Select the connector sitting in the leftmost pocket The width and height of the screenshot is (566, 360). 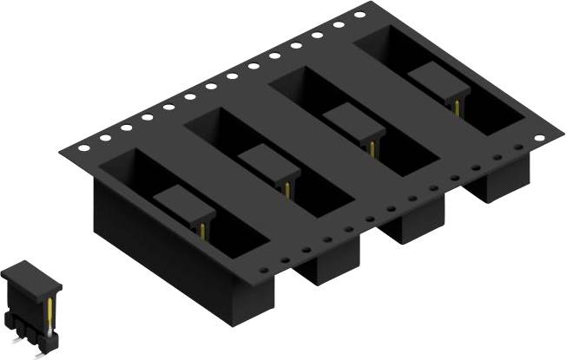[x=184, y=205]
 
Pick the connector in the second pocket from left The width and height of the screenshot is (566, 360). [x=269, y=165]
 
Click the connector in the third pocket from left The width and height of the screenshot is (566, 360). [x=355, y=123]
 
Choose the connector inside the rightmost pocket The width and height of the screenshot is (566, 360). [x=438, y=85]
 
